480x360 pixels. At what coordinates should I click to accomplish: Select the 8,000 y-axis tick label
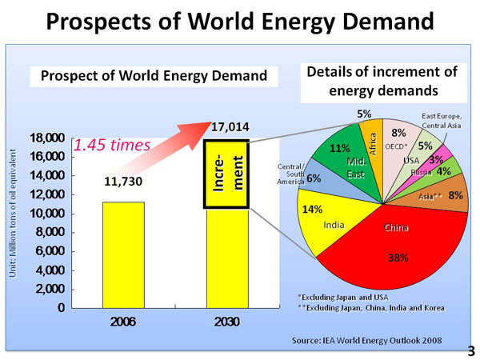pos(49,232)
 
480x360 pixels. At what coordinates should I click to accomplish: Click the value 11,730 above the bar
pos(124,182)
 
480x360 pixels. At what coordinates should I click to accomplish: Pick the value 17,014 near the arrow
pos(230,126)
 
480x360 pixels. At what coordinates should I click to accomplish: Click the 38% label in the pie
pos(398,258)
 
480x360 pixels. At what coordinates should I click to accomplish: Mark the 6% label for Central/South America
pos(314,178)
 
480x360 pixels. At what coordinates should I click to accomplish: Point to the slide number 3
pos(470,350)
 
